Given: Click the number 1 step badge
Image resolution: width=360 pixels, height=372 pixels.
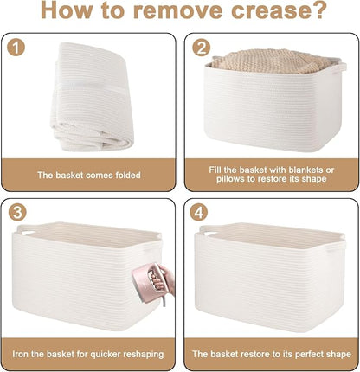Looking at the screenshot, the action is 16,48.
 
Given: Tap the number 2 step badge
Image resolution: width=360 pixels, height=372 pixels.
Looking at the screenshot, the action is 201,48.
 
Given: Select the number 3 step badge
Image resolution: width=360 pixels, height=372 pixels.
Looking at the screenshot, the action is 17,213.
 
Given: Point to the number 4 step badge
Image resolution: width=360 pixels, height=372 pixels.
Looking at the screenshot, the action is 199,213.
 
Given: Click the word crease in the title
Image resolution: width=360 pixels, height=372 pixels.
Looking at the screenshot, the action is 280,10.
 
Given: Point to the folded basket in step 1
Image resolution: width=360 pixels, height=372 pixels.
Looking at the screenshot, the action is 92,97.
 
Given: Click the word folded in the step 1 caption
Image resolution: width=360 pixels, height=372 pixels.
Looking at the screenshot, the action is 128,176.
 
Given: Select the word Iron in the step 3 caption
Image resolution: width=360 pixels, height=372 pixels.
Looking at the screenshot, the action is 20,354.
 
